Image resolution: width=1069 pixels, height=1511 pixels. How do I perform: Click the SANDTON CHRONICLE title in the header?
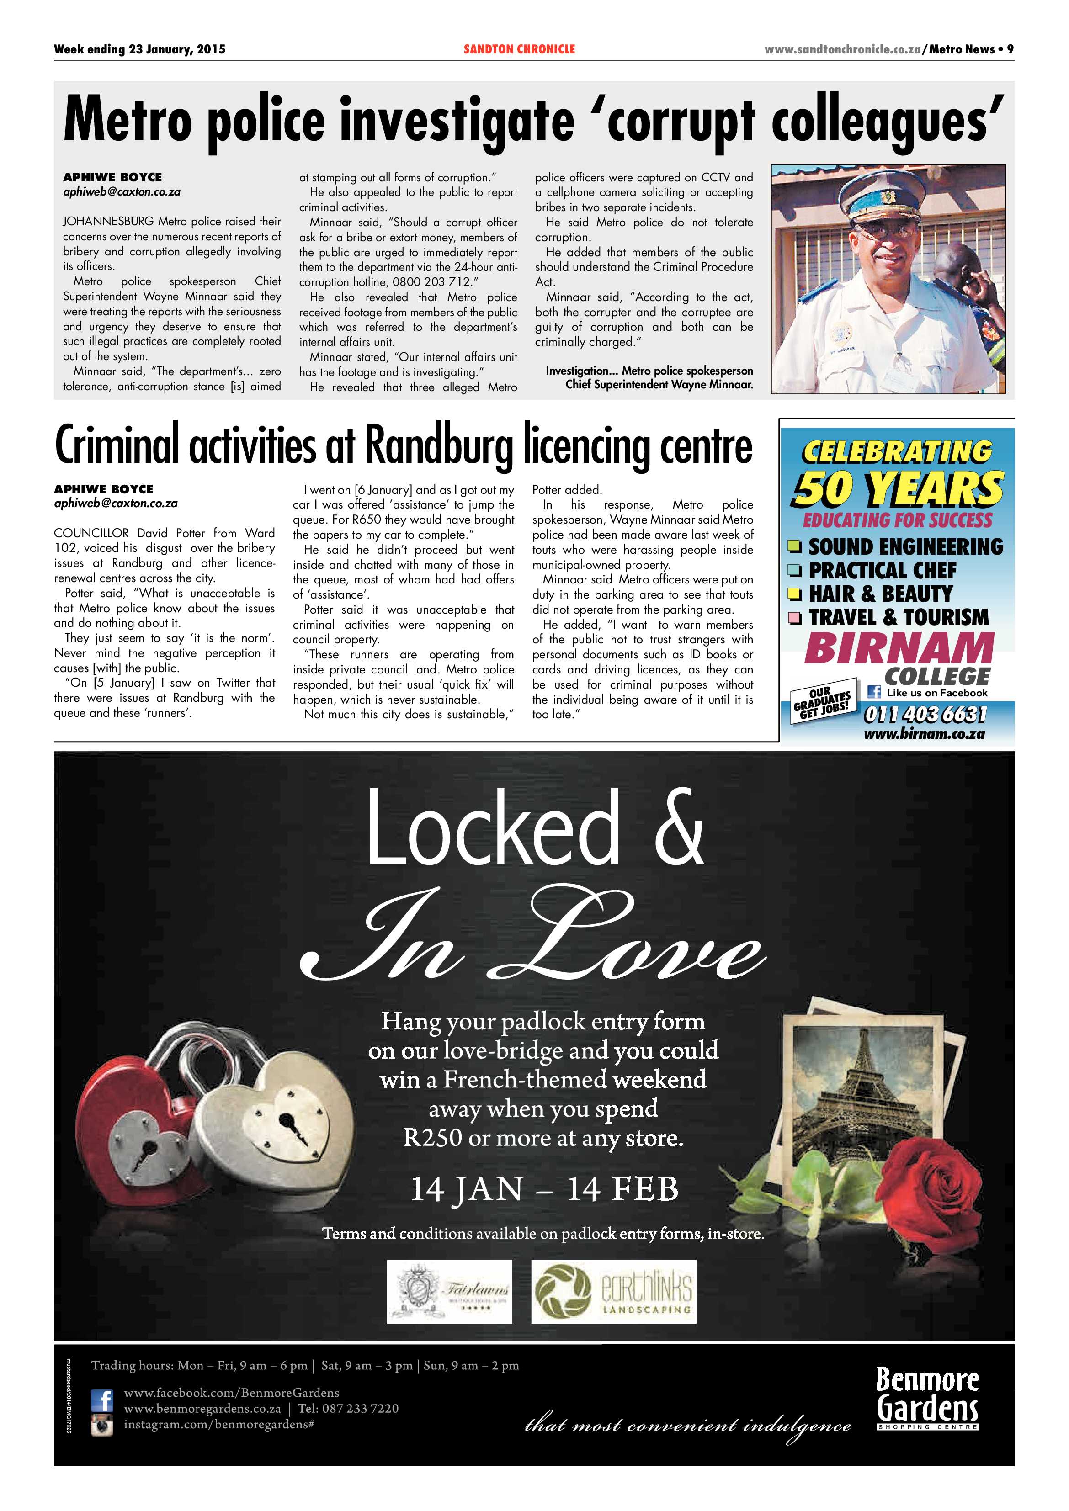pos(519,49)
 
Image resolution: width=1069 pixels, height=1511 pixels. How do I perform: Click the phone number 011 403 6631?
pos(925,714)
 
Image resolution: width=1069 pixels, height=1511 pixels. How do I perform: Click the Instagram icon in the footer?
pos(102,1426)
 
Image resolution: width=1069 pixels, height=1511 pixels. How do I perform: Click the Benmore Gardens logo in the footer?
pos(927,1397)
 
